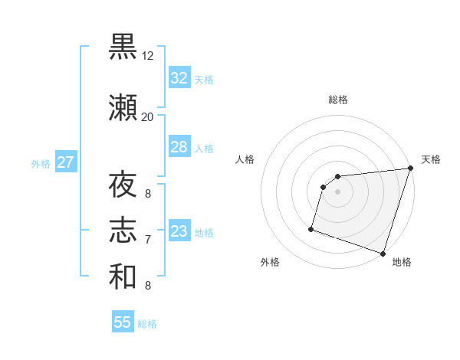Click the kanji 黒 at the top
tap(123, 47)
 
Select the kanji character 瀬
tap(123, 109)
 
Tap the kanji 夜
tap(123, 186)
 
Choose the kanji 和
tap(123, 277)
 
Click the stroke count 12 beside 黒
tap(148, 56)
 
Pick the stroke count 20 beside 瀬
tap(148, 117)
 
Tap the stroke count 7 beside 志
tap(148, 240)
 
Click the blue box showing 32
tap(179, 78)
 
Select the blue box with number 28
tap(179, 147)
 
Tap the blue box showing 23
tap(179, 231)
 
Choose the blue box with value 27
tap(65, 162)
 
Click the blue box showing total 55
tap(123, 322)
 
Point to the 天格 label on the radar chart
tap(431, 159)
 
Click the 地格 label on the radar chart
tap(402, 263)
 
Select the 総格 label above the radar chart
tap(338, 100)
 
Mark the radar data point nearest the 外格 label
tap(311, 228)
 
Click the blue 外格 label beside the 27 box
tap(41, 163)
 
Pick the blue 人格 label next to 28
tap(204, 148)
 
